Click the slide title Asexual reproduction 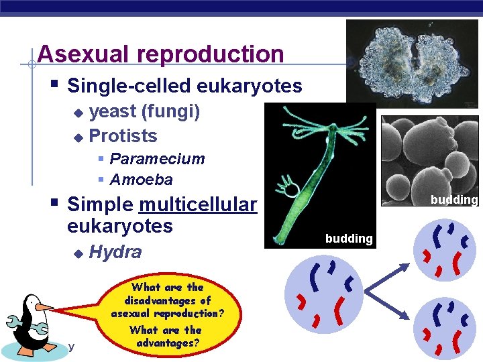pos(161,54)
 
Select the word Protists pos(123,136)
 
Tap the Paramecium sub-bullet pos(157,159)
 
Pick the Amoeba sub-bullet pos(141,180)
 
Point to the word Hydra pos(115,252)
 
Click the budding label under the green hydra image pos(349,239)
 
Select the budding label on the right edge pos(454,200)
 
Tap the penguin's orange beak pos(44,307)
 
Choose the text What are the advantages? pos(165,337)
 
